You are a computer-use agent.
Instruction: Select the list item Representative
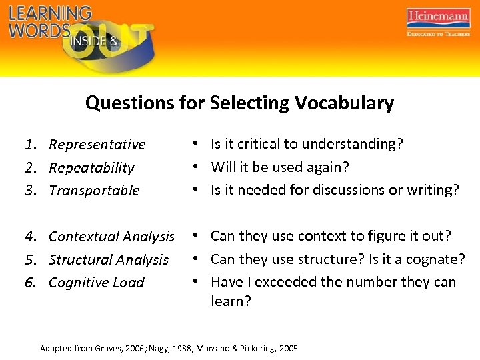97,145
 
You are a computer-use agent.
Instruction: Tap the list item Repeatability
91,168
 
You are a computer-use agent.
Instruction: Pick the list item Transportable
94,191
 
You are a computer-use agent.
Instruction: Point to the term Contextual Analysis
111,237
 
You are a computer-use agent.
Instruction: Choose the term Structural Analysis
109,260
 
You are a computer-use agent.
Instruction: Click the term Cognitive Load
96,283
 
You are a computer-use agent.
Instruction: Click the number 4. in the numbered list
31,237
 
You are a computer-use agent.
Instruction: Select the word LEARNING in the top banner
50,13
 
